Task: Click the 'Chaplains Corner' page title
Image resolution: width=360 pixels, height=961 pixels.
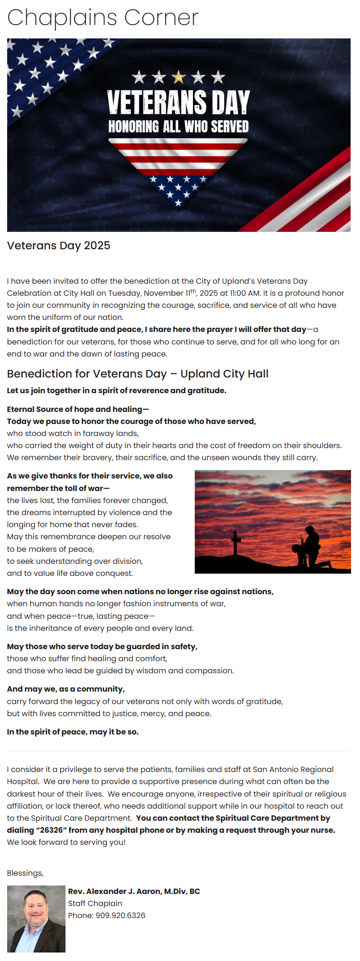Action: point(103,18)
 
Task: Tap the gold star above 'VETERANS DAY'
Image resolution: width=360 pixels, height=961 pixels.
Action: point(179,77)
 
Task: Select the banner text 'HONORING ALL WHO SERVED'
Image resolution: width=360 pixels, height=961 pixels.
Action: point(178,127)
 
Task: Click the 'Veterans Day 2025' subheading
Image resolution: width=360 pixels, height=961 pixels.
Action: point(59,246)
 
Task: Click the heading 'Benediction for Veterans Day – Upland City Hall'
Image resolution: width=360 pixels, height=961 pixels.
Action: point(138,374)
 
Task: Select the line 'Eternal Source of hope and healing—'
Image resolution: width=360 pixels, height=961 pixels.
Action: point(78,409)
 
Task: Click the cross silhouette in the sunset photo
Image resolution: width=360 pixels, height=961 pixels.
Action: point(236,541)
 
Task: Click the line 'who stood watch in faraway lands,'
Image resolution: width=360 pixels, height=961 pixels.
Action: point(73,433)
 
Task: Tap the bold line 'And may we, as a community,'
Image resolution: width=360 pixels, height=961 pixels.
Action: point(66,689)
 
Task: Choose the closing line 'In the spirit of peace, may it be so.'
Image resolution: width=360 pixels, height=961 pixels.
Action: point(73,732)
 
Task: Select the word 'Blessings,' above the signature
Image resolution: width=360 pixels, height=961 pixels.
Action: point(25,873)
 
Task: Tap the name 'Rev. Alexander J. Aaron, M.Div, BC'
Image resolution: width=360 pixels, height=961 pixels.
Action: point(134,891)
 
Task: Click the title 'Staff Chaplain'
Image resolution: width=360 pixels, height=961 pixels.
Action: point(95,903)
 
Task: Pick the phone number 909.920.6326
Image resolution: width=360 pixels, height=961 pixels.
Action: point(120,915)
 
